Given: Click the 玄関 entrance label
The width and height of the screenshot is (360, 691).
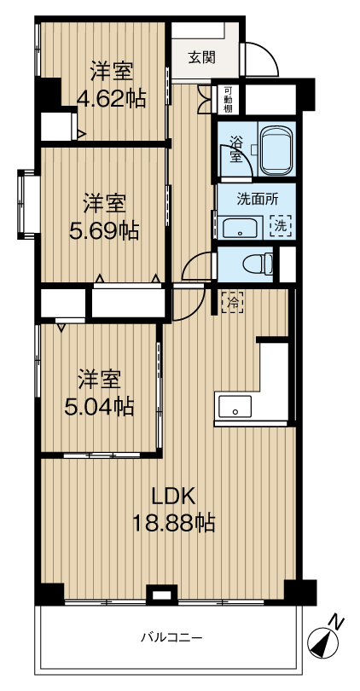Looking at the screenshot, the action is [x=202, y=57].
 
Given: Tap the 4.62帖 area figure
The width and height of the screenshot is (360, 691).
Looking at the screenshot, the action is [x=111, y=100].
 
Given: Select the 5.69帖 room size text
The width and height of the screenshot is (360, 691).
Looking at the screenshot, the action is [x=104, y=230].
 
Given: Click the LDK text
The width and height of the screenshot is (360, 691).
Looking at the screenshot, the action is [x=174, y=497].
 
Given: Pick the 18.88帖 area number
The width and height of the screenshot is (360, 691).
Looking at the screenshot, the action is [x=174, y=523].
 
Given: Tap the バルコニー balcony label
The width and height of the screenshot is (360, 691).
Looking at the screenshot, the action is [x=171, y=636].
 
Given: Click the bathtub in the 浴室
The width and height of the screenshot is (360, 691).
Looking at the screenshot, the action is [x=276, y=151].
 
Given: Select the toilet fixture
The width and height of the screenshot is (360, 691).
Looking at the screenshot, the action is [x=258, y=264].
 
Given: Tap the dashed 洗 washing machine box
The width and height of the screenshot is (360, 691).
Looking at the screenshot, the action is [x=281, y=225].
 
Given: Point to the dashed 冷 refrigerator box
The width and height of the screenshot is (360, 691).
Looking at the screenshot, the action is [x=232, y=302].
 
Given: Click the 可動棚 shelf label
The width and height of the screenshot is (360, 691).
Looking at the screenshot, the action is [x=228, y=101].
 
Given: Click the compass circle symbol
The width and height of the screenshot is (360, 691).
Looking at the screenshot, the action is [x=322, y=642].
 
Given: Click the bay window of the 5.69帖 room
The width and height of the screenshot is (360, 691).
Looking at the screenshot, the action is [x=27, y=204].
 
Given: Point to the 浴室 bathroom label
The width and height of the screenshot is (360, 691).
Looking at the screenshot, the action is [x=235, y=149].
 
